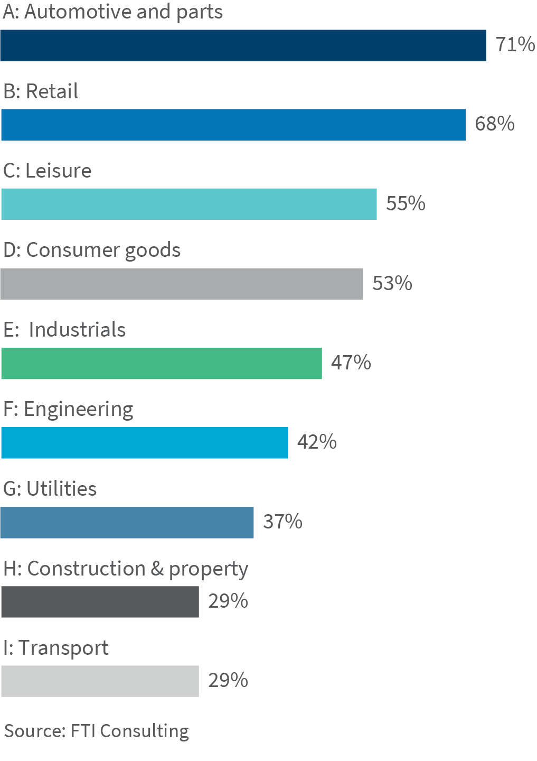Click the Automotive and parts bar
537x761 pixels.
tap(243, 45)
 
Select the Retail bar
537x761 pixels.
tap(233, 125)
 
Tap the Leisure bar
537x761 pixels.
tap(189, 204)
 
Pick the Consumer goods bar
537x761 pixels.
tap(182, 284)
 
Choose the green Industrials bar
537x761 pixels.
tap(161, 363)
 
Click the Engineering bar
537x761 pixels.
tap(144, 443)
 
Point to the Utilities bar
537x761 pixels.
tap(127, 523)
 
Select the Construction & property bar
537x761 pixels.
tap(100, 602)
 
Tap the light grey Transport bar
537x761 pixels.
tap(100, 681)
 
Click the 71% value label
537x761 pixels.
tap(515, 44)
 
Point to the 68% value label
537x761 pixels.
tap(495, 124)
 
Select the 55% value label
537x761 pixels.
tap(406, 203)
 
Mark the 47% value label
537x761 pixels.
tap(351, 363)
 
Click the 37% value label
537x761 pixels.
tap(282, 522)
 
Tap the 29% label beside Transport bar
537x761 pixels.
tap(228, 680)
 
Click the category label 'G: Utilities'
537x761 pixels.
tap(50, 489)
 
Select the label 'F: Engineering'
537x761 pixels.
tap(68, 410)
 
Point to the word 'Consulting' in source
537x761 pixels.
tap(144, 731)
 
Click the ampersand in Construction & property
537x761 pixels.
tap(157, 569)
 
